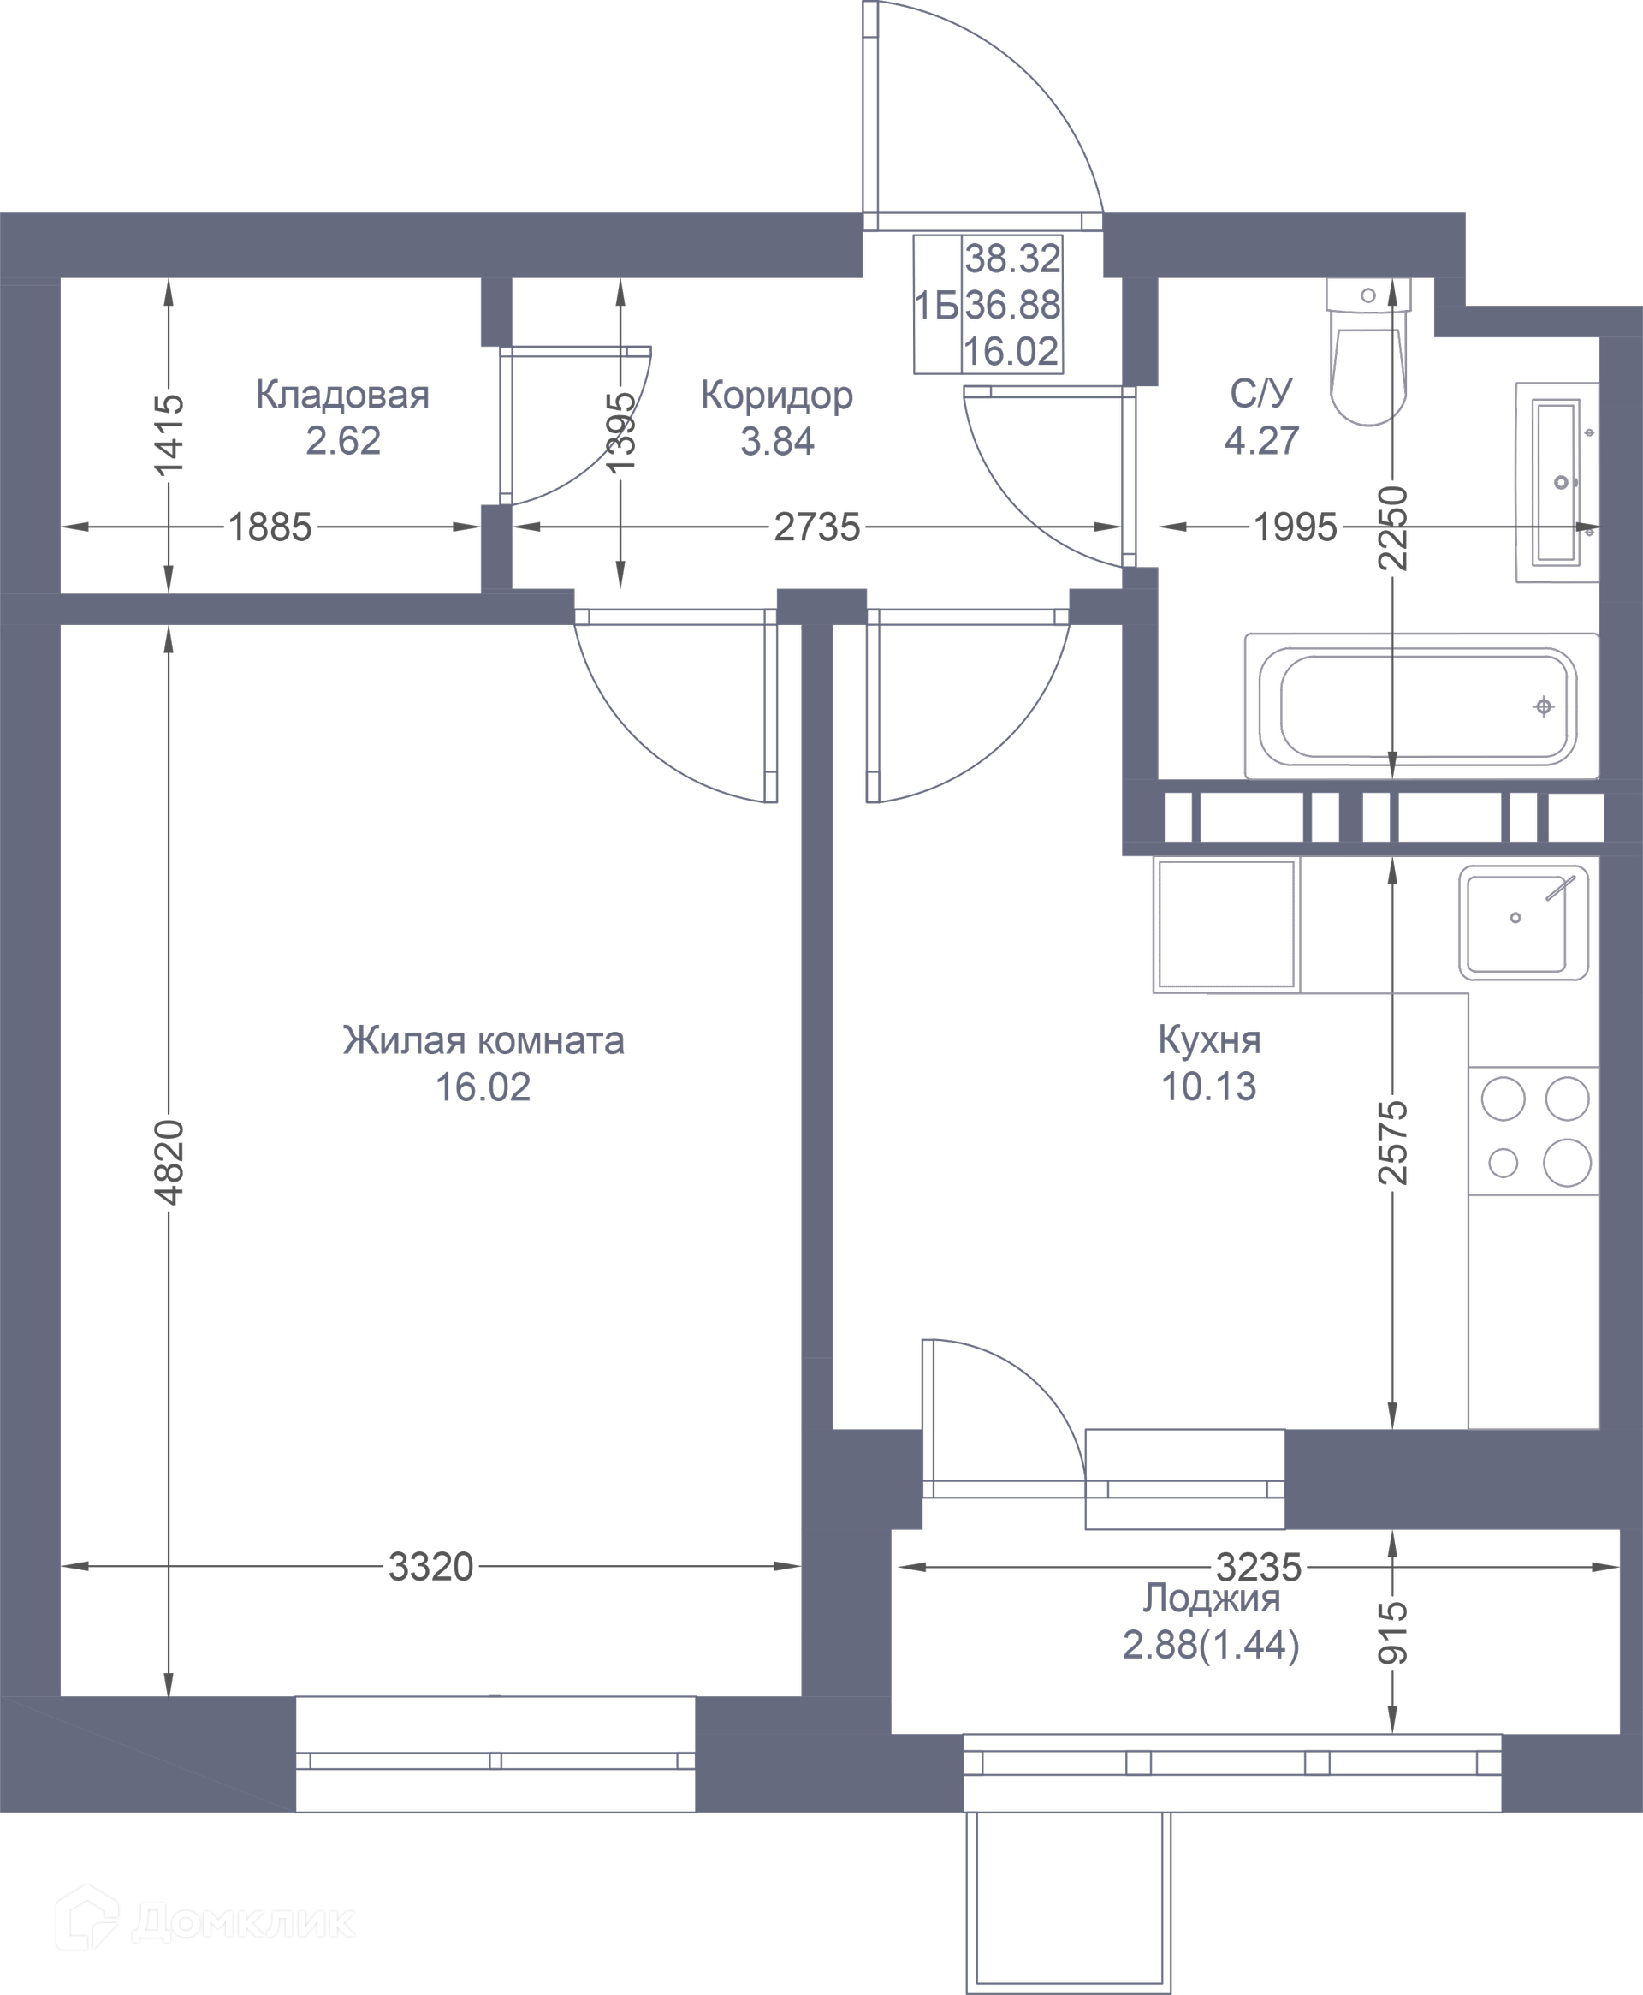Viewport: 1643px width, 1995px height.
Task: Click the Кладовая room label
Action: (342, 395)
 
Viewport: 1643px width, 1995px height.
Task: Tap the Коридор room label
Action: (777, 396)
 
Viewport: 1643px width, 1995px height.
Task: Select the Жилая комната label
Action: (483, 1040)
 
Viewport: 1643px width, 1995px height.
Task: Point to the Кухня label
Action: (1209, 1040)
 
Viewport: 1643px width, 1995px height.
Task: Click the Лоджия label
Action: (1212, 1599)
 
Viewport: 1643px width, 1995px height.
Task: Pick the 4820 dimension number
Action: (169, 1163)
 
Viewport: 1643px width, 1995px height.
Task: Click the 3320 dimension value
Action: (430, 1567)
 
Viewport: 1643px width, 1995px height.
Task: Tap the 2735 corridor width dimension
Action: (818, 527)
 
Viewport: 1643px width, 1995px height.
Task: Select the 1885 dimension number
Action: (270, 527)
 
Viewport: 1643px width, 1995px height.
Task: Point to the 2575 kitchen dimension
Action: (1393, 1143)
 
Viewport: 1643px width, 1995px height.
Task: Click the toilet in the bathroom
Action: (1368, 350)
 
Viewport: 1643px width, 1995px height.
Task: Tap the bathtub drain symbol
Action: (1544, 706)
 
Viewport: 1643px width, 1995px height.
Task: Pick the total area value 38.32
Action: (1012, 258)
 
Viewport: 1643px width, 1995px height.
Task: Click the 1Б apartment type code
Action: (937, 306)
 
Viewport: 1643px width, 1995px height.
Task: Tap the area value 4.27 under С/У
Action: (1261, 441)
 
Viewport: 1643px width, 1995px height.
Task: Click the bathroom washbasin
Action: (1557, 482)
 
